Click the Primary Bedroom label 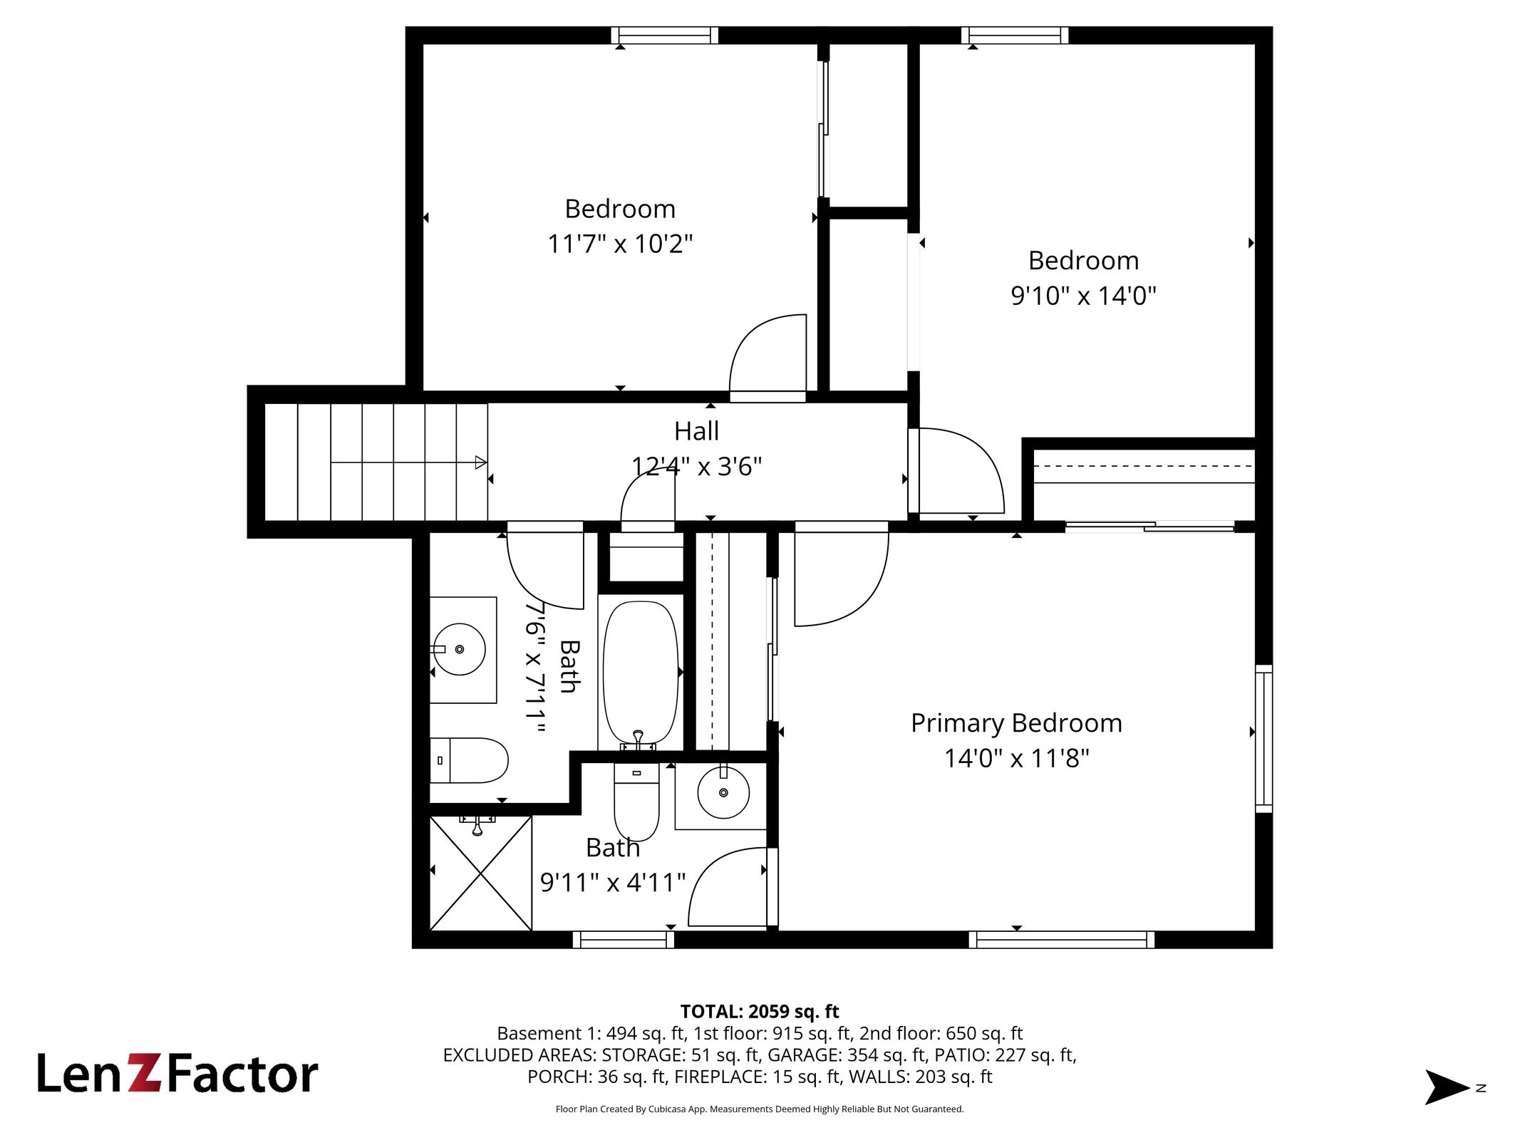tap(1016, 723)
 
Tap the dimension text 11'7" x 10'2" tap(620, 244)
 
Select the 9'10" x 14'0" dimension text tap(1083, 295)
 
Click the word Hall tap(696, 431)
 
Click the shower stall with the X tap(481, 874)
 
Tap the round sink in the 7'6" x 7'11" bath tap(460, 649)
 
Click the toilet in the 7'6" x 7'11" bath tap(468, 760)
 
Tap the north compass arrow tap(1447, 1087)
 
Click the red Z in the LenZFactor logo tap(145, 1073)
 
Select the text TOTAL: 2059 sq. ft tap(760, 1012)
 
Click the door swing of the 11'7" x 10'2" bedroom tap(767, 353)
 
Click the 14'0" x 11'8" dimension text tap(1016, 758)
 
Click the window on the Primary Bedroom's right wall tap(1263, 739)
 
